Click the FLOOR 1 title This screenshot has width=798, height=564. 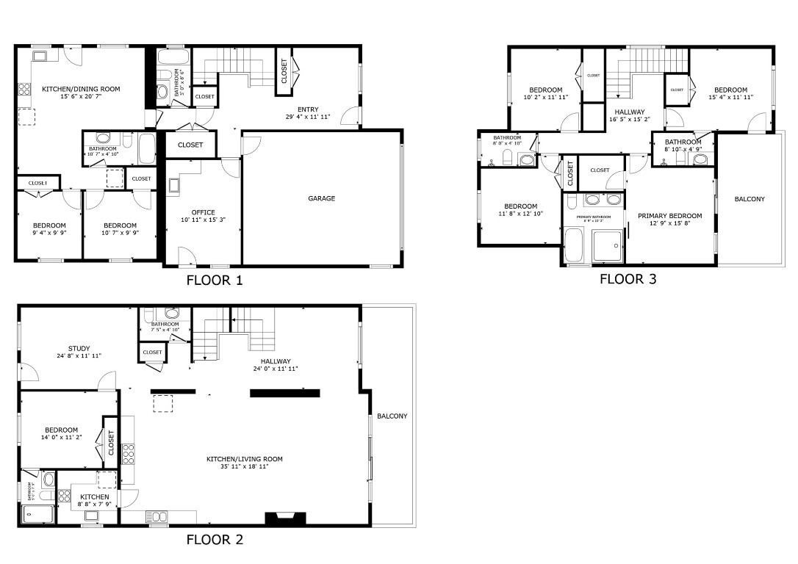[x=214, y=280]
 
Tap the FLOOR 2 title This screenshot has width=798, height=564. [x=214, y=540]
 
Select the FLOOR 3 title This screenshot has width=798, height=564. [x=628, y=279]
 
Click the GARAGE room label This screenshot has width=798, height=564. [x=321, y=198]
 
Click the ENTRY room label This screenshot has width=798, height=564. [x=308, y=113]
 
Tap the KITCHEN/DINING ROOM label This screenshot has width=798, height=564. [x=80, y=93]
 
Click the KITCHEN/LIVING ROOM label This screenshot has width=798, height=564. [x=245, y=463]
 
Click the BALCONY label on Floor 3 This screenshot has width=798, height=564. [x=749, y=199]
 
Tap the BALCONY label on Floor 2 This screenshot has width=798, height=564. [x=392, y=416]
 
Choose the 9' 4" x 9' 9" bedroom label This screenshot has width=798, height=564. [x=49, y=229]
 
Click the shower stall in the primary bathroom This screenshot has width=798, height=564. [x=607, y=246]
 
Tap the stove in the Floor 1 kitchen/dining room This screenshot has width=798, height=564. [x=24, y=89]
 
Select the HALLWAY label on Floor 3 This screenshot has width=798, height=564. [x=626, y=116]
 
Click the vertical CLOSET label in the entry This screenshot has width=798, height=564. [x=284, y=71]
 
